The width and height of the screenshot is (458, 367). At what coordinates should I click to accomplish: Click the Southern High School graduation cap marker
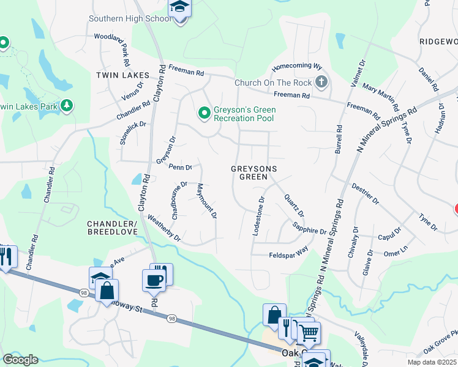pyautogui.click(x=179, y=9)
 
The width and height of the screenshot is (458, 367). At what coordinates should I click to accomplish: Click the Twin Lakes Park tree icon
pyautogui.click(x=66, y=106)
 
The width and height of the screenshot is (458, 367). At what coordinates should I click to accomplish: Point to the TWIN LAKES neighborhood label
pyautogui.click(x=118, y=75)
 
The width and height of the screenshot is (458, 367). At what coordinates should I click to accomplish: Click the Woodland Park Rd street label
pyautogui.click(x=112, y=49)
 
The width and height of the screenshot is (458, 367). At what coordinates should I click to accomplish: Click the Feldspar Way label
pyautogui.click(x=288, y=253)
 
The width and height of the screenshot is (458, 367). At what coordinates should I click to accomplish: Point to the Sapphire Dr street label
pyautogui.click(x=309, y=229)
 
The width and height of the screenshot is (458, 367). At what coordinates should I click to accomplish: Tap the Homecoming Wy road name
pyautogui.click(x=297, y=65)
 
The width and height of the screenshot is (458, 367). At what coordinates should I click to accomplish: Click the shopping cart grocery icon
pyautogui.click(x=309, y=333)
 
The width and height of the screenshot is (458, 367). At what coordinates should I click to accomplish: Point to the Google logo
pyautogui.click(x=21, y=359)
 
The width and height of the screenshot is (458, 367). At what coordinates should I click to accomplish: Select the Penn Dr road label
pyautogui.click(x=181, y=166)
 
